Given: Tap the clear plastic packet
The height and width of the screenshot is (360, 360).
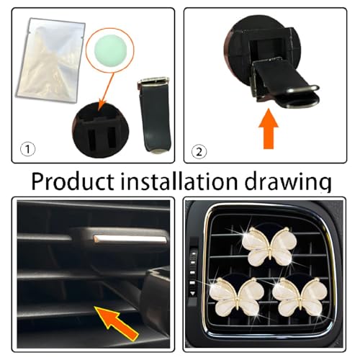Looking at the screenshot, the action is point(50,60).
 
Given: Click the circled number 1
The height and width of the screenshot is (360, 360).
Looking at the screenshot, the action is point(27,149).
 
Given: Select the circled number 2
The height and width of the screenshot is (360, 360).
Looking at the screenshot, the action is point(199,152).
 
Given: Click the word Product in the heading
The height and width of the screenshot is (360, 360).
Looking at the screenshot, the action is point(73,181).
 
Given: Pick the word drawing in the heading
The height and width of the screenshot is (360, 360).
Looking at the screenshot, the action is point(288,182).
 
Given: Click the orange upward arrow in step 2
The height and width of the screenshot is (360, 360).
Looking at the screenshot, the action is point(269,129).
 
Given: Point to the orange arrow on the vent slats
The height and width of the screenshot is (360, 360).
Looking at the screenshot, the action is point(117,323).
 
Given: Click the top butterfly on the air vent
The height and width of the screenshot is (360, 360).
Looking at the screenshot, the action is point(269,247).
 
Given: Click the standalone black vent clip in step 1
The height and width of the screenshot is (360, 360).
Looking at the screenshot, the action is point(154,114).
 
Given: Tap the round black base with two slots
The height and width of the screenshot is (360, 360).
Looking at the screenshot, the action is point(101,130).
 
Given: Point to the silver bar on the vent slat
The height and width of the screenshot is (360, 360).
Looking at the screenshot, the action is point(130,239).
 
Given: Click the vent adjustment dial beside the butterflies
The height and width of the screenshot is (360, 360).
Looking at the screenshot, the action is point(193,273).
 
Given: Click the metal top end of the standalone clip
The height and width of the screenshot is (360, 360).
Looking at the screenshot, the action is point(153,81).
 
